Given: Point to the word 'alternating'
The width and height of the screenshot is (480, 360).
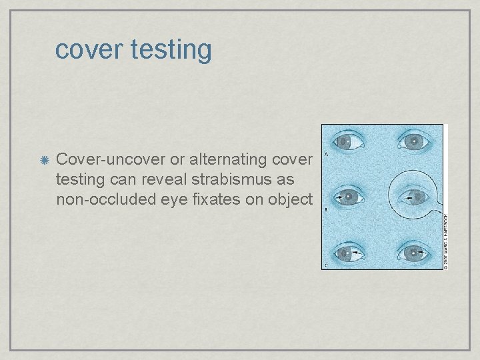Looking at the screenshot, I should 222,160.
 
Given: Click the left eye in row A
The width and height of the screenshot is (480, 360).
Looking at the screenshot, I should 349,141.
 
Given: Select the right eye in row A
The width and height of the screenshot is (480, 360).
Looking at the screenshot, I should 413,141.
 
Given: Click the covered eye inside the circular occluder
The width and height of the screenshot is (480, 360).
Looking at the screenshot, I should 413,197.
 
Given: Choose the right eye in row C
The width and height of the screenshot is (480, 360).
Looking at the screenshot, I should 413,253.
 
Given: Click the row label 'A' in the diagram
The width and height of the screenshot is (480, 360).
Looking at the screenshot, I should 325,155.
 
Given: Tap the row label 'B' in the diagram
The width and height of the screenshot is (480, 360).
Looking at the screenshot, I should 325,210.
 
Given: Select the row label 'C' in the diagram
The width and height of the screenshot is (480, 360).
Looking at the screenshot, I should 325,265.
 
